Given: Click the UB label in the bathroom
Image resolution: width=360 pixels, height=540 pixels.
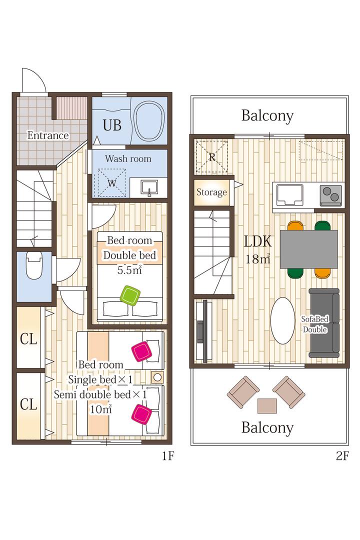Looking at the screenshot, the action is click(112, 125).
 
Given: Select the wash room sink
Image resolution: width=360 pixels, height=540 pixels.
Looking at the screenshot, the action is click(149, 188).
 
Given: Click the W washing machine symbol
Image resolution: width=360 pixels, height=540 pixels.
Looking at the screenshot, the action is click(111, 183).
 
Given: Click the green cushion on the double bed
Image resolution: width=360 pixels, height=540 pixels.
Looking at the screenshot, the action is click(130, 295).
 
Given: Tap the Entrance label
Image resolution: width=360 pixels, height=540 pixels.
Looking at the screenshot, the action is click(48, 135).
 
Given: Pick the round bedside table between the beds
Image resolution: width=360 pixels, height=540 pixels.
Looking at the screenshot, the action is click(157, 377).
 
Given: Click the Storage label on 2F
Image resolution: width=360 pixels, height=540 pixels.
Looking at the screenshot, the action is click(211, 192).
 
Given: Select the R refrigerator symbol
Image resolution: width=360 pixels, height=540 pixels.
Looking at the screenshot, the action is click(211, 156).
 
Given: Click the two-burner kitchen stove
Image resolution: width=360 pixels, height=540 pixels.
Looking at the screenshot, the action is click(330, 194).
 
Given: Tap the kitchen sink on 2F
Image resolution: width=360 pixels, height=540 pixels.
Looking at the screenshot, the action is click(290, 195).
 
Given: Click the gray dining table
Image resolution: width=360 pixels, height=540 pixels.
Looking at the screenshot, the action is click(308, 249).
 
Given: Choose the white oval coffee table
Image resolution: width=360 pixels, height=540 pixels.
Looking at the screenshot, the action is click(283, 320).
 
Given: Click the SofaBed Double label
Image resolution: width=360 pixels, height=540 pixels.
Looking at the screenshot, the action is click(315, 324).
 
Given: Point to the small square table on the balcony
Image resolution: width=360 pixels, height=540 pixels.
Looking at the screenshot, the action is click(267, 405).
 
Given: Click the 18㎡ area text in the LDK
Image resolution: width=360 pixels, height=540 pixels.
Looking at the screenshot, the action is click(257, 258).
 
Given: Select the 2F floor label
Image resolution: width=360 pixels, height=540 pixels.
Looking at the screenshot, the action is click(342, 456).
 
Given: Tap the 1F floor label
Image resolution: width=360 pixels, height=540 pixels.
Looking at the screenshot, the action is click(168, 456).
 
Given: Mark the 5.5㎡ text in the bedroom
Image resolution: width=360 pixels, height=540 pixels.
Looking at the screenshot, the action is click(129, 270).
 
